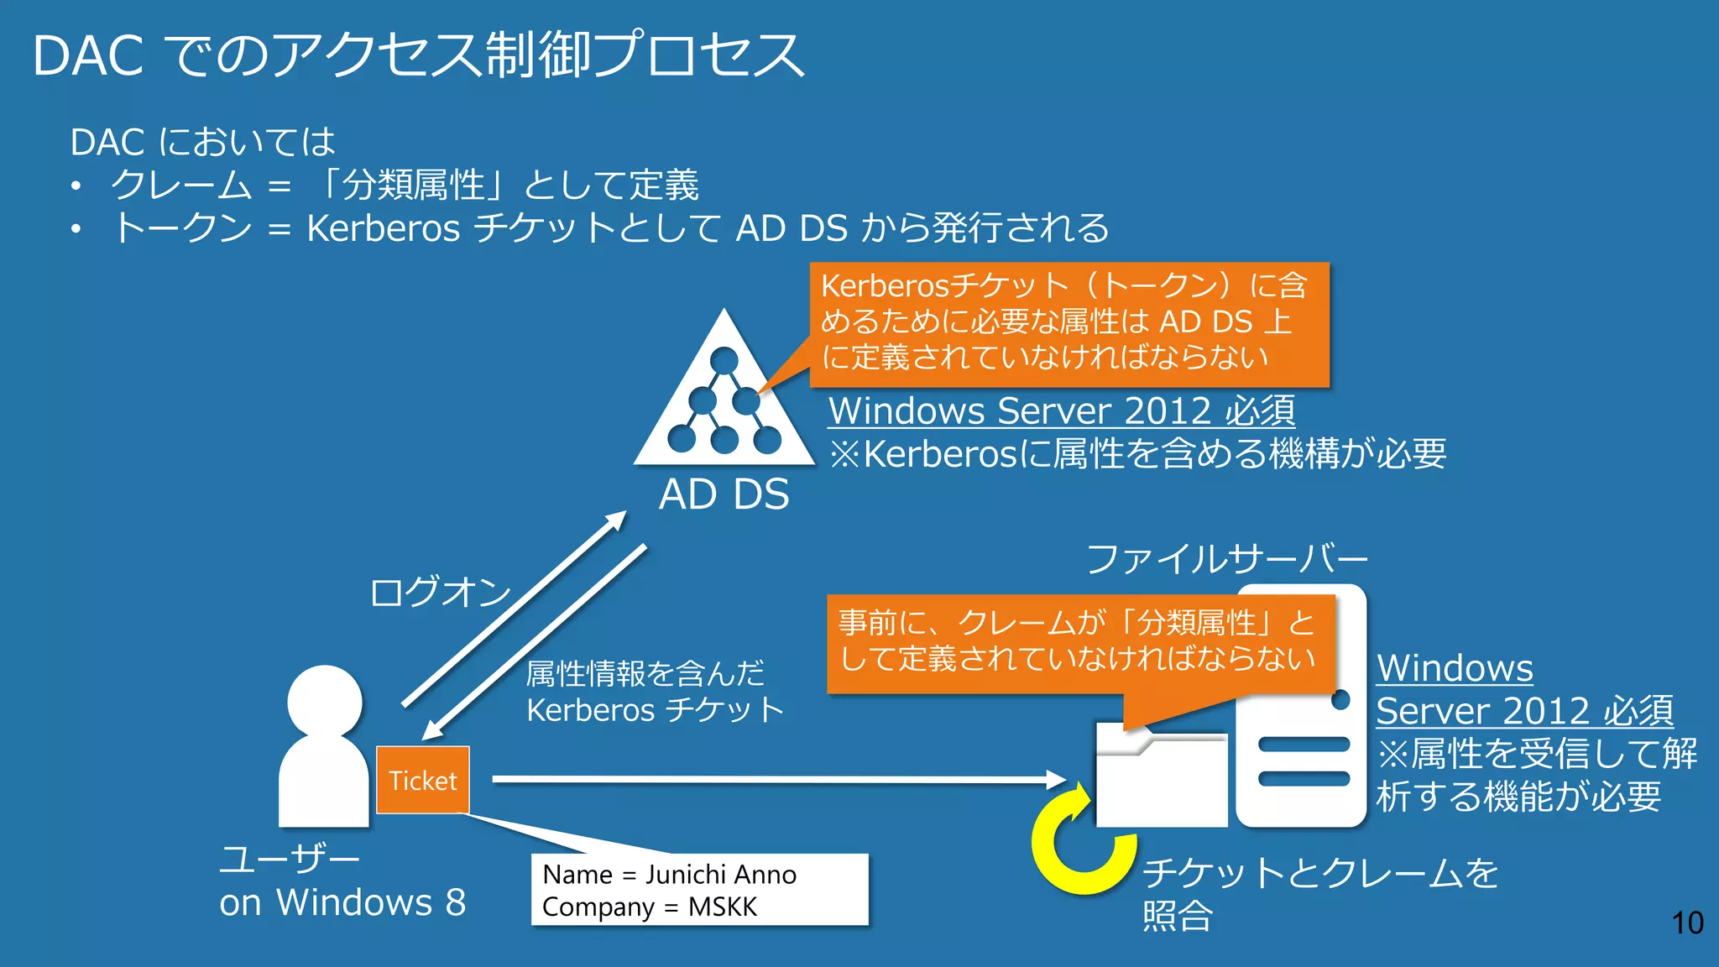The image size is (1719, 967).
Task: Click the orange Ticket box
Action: tap(422, 780)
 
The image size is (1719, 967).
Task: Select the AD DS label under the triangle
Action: tap(724, 494)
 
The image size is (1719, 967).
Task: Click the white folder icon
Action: tap(1161, 776)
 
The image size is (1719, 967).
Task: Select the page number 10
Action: tap(1687, 923)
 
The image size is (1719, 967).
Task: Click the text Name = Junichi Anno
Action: tap(669, 875)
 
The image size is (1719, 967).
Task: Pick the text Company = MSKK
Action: tap(649, 907)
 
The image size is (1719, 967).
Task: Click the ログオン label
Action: tap(440, 592)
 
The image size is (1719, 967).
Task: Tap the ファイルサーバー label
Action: tap(1226, 559)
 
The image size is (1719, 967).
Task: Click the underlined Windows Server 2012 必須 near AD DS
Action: tap(1061, 411)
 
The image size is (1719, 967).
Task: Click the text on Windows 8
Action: tap(342, 903)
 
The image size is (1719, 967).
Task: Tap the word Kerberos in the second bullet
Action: tap(383, 228)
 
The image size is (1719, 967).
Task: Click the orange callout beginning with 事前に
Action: tap(1079, 642)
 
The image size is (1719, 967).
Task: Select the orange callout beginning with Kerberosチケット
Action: tap(1068, 323)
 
